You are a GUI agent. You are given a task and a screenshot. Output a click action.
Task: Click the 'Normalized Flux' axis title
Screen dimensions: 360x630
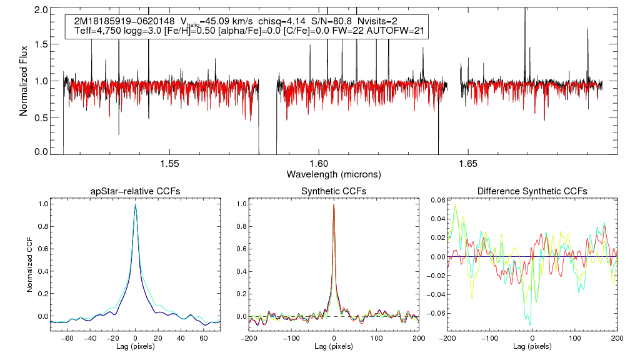[24, 81]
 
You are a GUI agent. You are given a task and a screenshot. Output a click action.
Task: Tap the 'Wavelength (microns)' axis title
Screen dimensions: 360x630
[334, 174]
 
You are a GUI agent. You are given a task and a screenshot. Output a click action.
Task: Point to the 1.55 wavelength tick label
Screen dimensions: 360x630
[170, 164]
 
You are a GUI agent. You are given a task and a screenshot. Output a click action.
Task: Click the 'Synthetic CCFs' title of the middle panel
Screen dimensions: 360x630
[334, 191]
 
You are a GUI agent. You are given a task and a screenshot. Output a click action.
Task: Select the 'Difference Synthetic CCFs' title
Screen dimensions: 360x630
[532, 191]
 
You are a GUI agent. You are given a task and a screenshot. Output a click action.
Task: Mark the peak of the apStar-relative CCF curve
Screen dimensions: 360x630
[136, 204]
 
